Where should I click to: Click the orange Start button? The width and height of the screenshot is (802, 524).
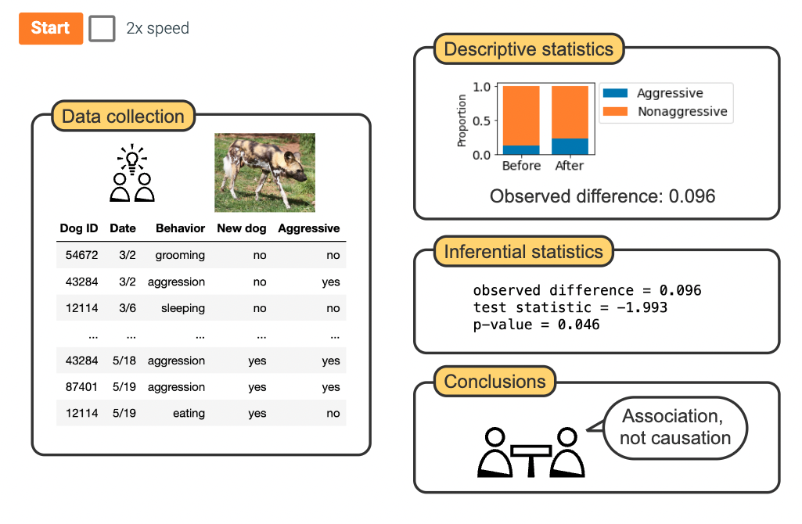coord(51,28)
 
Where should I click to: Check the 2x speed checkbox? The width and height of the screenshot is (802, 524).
coord(102,28)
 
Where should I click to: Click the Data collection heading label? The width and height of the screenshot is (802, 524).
coord(123,117)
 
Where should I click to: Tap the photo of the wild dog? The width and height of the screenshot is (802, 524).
coord(264,172)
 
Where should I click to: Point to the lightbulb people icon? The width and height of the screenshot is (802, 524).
coord(131,174)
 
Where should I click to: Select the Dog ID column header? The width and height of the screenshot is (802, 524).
coord(79,228)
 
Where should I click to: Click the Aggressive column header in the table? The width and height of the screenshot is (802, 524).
coord(309,228)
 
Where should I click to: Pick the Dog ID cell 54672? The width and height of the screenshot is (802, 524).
coord(79,255)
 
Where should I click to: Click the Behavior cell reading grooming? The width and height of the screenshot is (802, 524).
coord(180,255)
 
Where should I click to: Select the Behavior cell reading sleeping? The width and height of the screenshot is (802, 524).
coord(183,308)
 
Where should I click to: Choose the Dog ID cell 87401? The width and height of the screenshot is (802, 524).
coord(79,387)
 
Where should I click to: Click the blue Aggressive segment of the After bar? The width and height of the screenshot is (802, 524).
coord(570,146)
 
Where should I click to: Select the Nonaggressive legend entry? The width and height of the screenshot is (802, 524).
coord(681,112)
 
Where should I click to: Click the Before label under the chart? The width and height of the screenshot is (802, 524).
coord(521,166)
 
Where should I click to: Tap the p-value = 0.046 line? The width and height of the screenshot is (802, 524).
coord(536,324)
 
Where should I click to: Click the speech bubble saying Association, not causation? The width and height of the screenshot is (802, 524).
coord(674,427)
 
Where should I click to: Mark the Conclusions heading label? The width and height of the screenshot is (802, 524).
coord(495,382)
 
